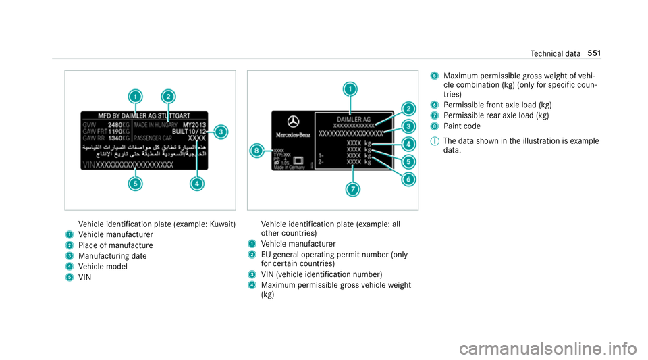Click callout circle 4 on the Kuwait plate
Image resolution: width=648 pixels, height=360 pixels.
tap(196, 183)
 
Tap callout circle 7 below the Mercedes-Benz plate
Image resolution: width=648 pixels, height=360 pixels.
tap(352, 189)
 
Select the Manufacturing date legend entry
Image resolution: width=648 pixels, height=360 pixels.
tap(112, 256)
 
